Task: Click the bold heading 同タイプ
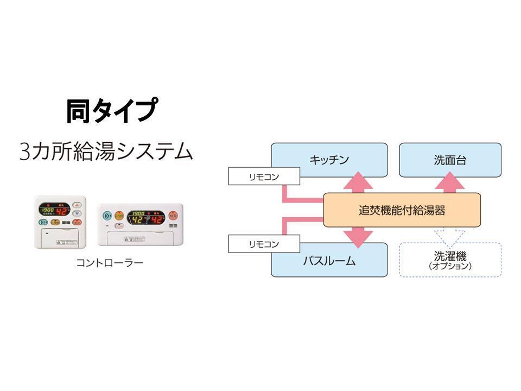click(112, 111)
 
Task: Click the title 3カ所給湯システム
click(106, 150)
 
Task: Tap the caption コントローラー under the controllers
click(110, 263)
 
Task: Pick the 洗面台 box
click(450, 160)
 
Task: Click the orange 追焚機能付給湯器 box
click(402, 210)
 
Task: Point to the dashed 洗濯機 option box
click(450, 260)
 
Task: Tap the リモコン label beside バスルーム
click(264, 244)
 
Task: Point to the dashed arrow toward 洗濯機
click(450, 235)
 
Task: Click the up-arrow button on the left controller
click(77, 206)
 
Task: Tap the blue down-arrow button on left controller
click(77, 213)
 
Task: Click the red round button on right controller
click(174, 215)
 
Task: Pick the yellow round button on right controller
click(119, 215)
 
